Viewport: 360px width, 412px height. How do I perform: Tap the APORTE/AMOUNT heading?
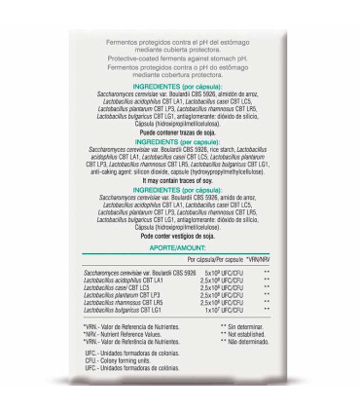click(x=181, y=248)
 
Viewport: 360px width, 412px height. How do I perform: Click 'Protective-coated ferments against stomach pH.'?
click(x=181, y=58)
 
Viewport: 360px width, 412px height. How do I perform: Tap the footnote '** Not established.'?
click(x=251, y=334)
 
